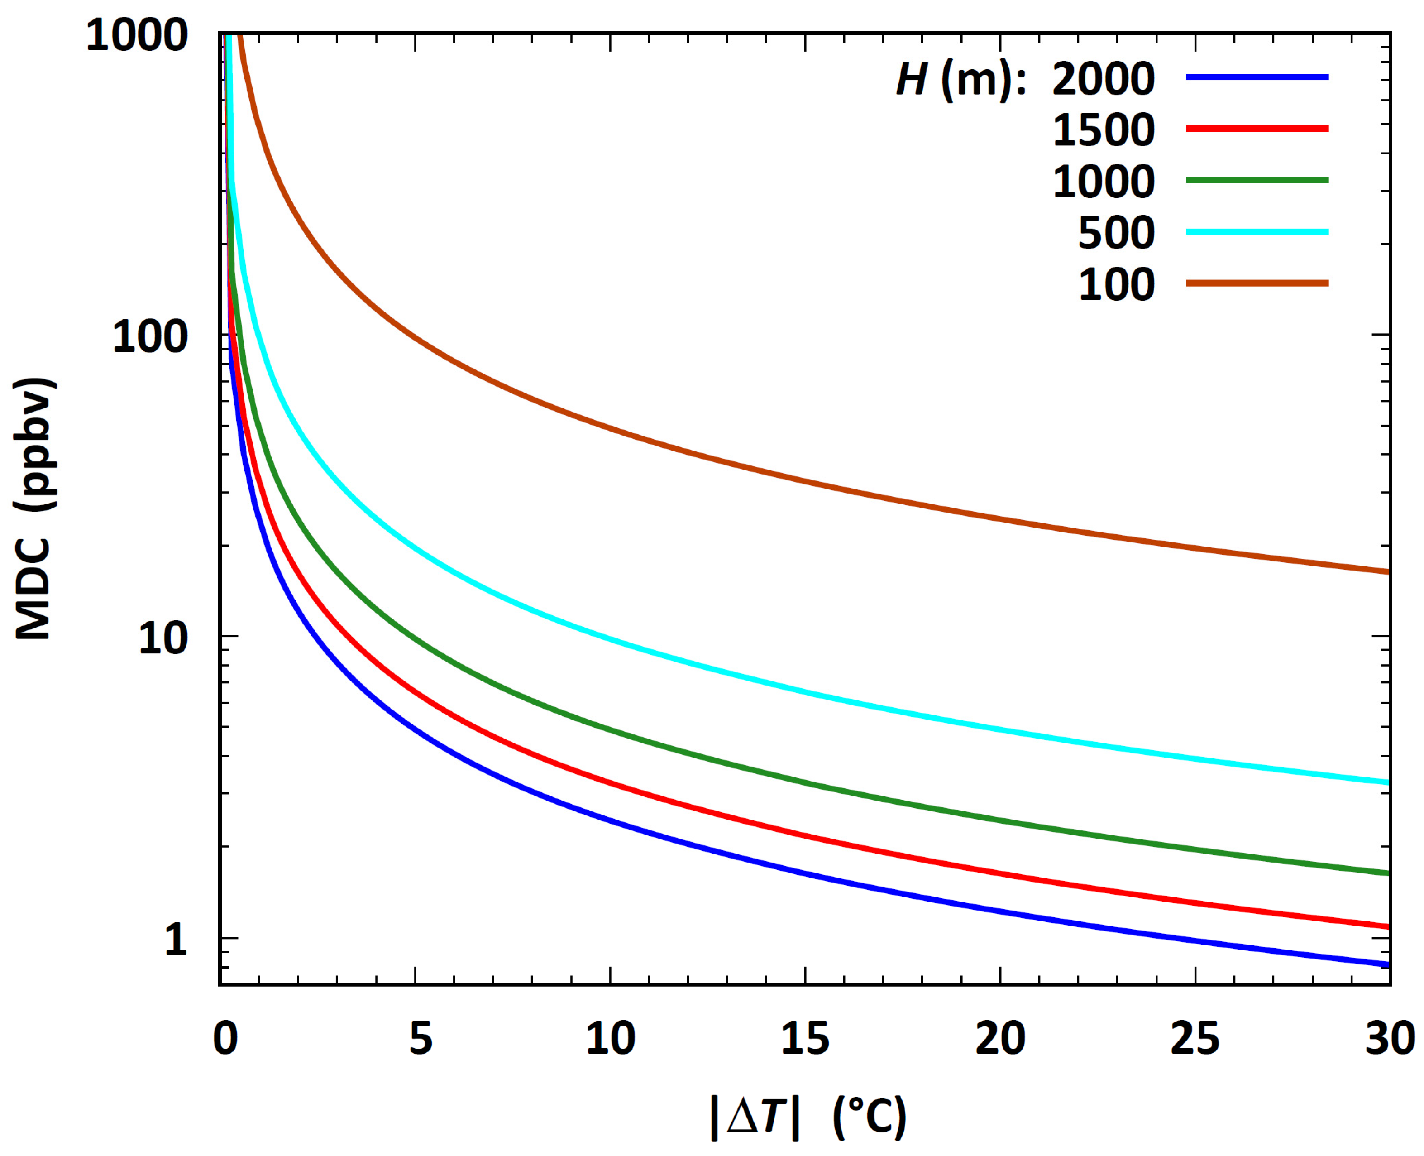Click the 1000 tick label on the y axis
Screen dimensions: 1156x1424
point(137,34)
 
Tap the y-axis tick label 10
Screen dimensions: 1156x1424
point(163,638)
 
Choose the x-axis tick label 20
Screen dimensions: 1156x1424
point(1000,1039)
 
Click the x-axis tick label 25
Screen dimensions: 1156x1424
point(1195,1039)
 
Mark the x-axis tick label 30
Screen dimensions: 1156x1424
point(1390,1039)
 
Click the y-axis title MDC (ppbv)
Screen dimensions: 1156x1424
point(34,509)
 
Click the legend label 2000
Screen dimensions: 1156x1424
point(1103,79)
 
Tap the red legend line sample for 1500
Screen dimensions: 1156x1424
point(1257,129)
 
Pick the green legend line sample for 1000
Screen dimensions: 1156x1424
point(1257,180)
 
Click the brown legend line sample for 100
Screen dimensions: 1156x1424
point(1257,283)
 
